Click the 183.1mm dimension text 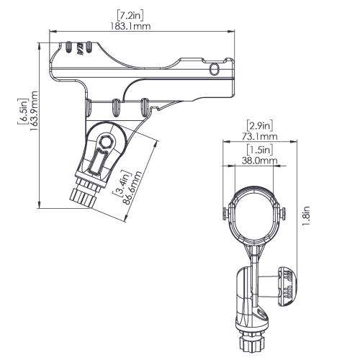(130, 26)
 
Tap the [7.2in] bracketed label (130, 15)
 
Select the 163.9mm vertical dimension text (34, 111)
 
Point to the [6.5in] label (22, 112)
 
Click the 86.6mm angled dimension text (132, 188)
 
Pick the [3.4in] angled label (122, 183)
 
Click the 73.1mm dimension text (259, 136)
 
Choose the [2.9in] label (260, 126)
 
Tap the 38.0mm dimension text (259, 161)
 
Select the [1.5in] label (260, 150)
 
